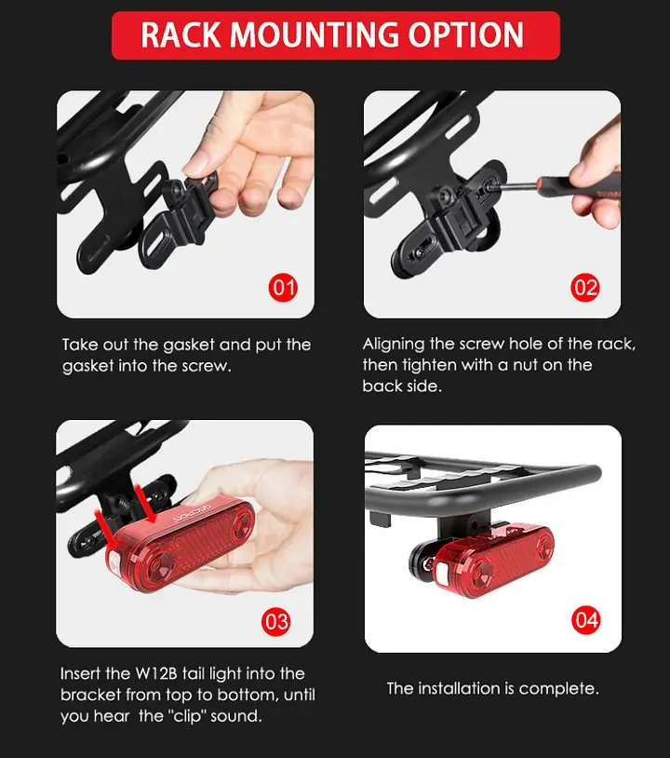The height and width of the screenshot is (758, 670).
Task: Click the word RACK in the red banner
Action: coord(181,34)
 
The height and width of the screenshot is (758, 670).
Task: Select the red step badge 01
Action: coord(283,288)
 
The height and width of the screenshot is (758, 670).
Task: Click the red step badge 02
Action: coord(585,288)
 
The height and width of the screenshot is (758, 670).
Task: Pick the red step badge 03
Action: coord(276,622)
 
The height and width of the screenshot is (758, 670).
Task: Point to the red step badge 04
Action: coord(586,620)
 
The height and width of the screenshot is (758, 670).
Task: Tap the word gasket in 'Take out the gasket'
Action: coord(189,345)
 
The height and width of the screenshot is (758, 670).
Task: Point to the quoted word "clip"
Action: coord(187,716)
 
